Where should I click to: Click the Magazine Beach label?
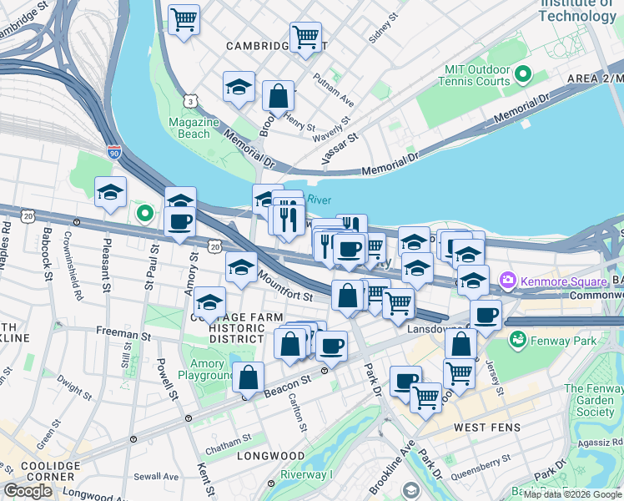(x=194, y=128)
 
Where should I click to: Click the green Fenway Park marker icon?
(x=517, y=340)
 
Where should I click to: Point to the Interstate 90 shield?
(x=114, y=152)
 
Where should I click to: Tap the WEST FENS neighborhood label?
(x=486, y=428)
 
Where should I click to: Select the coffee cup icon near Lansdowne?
(x=486, y=315)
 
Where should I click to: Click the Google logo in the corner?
(x=28, y=491)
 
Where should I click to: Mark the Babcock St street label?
(x=48, y=243)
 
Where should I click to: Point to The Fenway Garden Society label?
(x=593, y=400)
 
